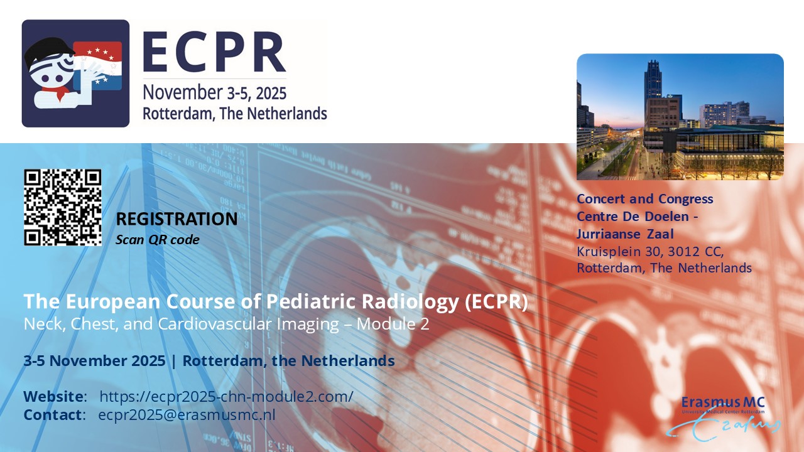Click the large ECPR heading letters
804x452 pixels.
214,52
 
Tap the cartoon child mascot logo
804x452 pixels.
75,73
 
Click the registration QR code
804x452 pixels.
63,207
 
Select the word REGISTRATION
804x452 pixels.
177,219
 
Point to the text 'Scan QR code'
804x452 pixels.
157,240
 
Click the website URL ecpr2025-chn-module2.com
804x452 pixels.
227,396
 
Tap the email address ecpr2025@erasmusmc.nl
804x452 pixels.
187,415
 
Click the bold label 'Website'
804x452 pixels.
53,396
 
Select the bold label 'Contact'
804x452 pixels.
52,415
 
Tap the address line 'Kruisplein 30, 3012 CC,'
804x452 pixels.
650,252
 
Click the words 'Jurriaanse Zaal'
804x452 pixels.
625,234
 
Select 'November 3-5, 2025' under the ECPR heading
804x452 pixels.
215,93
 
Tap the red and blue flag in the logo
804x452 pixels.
97,66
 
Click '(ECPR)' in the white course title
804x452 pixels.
496,301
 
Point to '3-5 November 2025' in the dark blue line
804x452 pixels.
94,361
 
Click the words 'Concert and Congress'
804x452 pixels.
645,199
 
